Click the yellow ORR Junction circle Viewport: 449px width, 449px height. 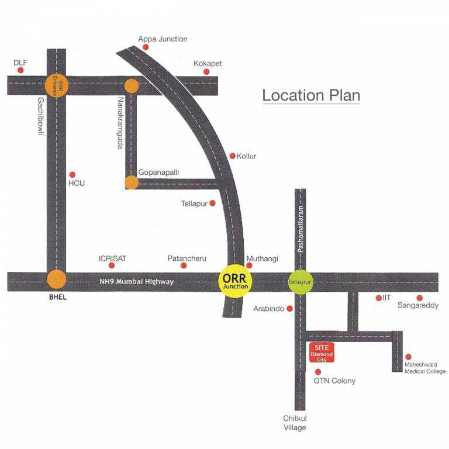click(236, 281)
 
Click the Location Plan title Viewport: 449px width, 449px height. click(310, 95)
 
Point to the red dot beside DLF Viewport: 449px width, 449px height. click(20, 70)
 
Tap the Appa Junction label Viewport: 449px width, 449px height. click(163, 39)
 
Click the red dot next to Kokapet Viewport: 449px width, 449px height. click(206, 72)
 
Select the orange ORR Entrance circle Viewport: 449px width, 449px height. click(57, 85)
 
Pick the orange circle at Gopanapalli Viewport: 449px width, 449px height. click(132, 182)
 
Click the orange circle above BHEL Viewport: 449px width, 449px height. click(57, 279)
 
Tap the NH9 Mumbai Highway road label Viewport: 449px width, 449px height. click(136, 282)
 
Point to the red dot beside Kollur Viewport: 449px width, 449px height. click(232, 156)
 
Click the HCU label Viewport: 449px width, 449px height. click(77, 184)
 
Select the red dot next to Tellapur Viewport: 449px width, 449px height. click(212, 203)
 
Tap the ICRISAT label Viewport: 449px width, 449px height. click(112, 258)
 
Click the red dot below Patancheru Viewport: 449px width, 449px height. click(184, 265)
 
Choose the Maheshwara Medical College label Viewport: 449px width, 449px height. click(425, 368)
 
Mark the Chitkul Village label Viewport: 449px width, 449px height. click(295, 423)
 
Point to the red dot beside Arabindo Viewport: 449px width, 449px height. click(289, 309)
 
